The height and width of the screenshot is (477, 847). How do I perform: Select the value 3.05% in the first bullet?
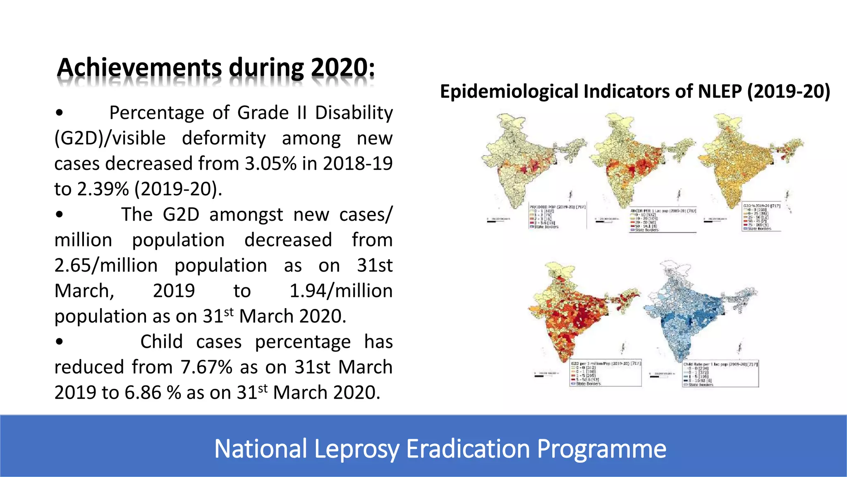point(270,164)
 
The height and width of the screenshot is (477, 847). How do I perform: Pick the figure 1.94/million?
point(341,291)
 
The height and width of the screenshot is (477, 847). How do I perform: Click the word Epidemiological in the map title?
point(509,92)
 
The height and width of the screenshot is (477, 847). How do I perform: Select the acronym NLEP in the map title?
point(720,92)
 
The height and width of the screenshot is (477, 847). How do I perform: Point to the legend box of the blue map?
point(720,374)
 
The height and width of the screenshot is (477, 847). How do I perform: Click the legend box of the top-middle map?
point(663,219)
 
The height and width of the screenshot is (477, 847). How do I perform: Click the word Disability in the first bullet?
point(354,113)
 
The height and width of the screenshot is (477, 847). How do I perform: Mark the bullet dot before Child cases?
point(60,342)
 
